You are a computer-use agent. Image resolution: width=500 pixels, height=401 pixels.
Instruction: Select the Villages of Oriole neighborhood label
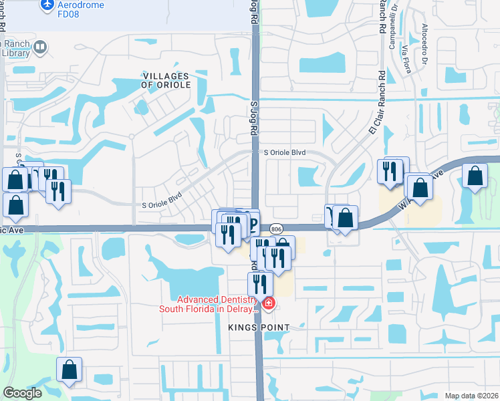coord(166,81)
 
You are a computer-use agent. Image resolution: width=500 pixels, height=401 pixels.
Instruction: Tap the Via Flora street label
coord(406,57)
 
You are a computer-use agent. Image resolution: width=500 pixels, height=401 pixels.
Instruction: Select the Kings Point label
coord(259,327)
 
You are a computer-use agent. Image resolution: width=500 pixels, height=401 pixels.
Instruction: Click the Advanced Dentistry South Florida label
coord(208,303)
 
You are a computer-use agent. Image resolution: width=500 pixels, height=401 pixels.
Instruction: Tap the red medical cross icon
coord(269,304)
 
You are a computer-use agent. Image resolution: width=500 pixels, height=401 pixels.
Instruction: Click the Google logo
coord(22,393)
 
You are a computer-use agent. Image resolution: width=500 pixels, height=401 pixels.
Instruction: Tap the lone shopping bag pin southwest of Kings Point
coord(70,370)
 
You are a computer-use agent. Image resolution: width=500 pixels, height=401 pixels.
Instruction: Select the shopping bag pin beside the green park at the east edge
coord(475,176)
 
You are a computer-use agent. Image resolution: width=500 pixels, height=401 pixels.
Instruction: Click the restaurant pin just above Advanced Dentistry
coord(260,283)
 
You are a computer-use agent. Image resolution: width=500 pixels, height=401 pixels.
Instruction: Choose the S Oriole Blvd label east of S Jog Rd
coord(284,152)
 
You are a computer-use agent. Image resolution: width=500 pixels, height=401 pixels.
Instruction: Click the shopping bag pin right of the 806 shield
coord(346,218)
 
